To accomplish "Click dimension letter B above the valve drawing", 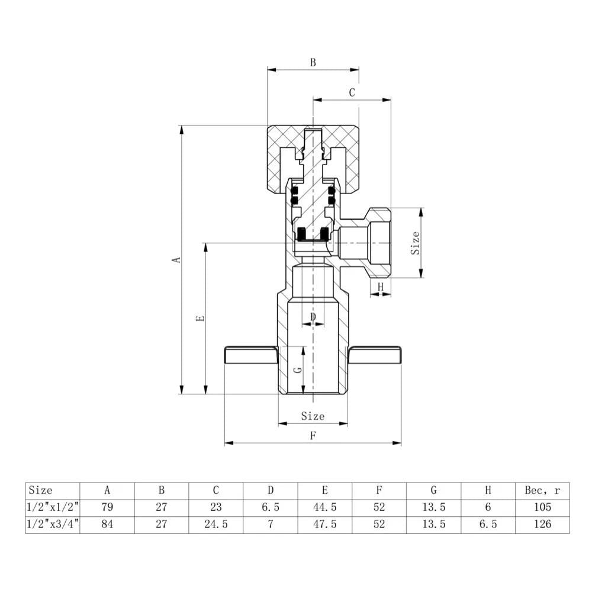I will (313, 62).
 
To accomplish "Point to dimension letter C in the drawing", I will (352, 92).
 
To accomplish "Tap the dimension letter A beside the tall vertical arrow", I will (175, 259).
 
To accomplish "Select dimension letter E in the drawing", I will (200, 318).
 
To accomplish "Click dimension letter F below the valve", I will (313, 436).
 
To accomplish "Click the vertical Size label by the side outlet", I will (416, 243).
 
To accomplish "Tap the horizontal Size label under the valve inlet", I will (313, 416).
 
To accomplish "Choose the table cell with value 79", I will (107, 507).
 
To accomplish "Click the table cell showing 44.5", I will (324, 507).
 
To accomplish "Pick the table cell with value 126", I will (542, 525).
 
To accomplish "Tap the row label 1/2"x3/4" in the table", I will (53, 525).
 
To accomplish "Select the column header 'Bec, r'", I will (542, 490).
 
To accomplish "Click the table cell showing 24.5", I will (215, 525).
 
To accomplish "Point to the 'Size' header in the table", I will (41, 490).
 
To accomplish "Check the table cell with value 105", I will (542, 507).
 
